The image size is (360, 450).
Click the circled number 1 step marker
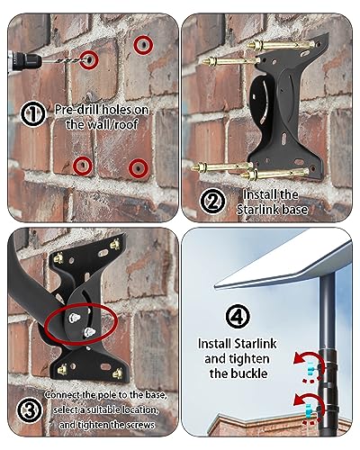(33, 114)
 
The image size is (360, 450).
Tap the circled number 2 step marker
(212, 201)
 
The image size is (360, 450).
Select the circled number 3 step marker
(30, 410)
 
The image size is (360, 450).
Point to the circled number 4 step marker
(238, 316)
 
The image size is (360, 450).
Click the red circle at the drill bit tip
(89, 59)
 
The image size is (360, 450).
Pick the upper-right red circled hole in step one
(143, 45)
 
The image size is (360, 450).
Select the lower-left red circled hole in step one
(83, 166)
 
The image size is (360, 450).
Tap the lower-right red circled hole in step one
(139, 168)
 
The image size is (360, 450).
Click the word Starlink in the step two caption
(256, 210)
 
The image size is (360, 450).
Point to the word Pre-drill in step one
(76, 110)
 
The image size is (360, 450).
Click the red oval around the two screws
(81, 323)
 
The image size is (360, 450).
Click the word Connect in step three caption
(62, 395)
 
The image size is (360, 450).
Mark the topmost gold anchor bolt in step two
(281, 45)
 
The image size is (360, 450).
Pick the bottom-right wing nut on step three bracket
(117, 373)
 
